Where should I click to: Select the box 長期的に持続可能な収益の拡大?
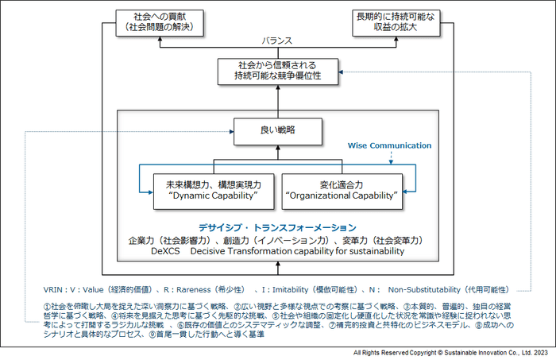point(395,21)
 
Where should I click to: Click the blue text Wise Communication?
point(390,145)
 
